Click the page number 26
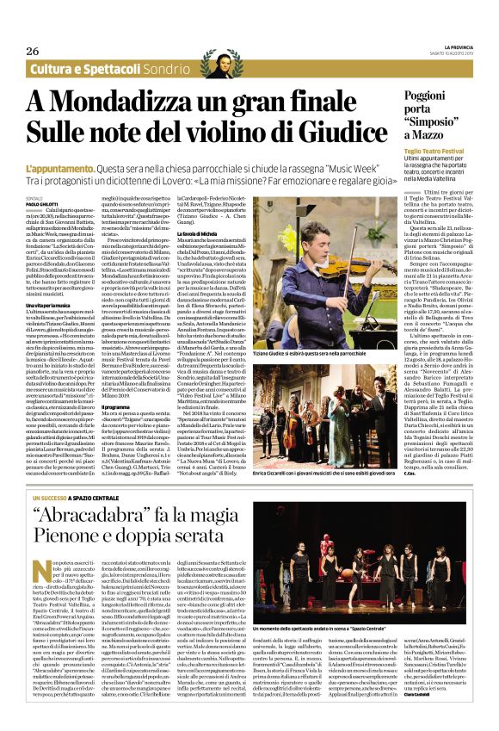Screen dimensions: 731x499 click(x=34, y=51)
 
